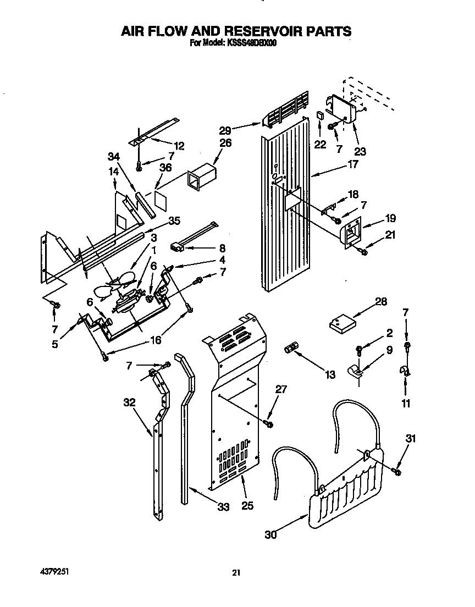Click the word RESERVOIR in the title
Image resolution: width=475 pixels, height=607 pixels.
point(245,31)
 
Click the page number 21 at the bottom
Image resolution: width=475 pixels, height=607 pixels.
point(236,573)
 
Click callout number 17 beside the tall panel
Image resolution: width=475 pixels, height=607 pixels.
point(352,163)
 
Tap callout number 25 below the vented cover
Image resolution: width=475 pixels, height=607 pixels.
point(247,505)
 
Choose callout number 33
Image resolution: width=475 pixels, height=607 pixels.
point(223,507)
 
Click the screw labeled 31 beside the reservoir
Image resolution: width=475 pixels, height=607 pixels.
point(397,471)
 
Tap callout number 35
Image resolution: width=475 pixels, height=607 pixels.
point(174,222)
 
